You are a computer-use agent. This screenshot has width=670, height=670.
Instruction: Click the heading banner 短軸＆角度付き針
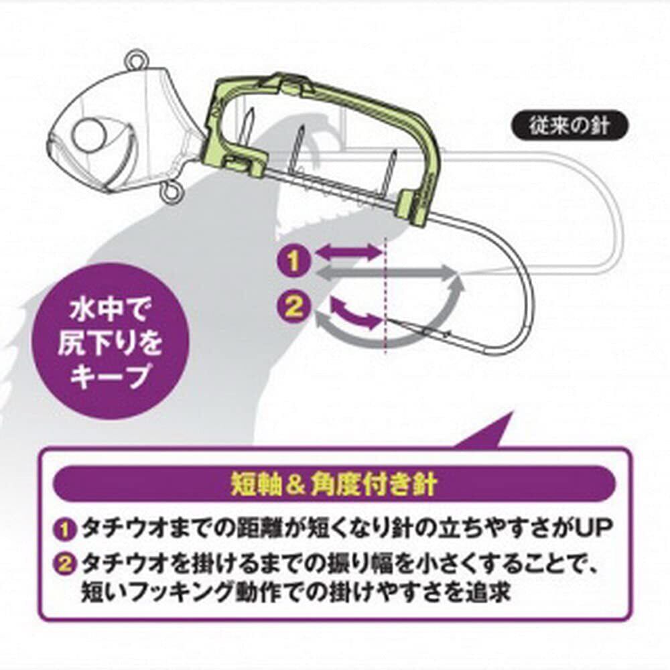coord(334,484)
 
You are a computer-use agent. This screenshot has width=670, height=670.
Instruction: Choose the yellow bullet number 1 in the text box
coord(66,529)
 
